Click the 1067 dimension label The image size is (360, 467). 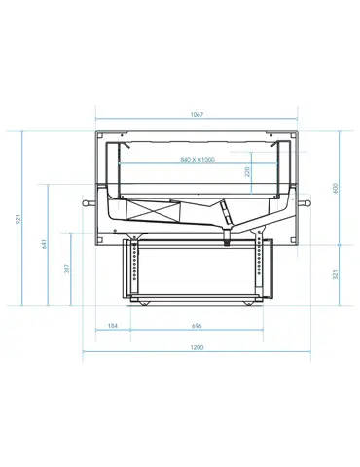[197, 114]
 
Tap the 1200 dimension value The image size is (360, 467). [197, 347]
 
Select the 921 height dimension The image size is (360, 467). [18, 219]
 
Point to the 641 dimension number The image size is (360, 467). [44, 244]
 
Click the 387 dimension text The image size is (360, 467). [67, 269]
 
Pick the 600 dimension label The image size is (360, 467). [336, 188]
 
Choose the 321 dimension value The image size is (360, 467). [336, 274]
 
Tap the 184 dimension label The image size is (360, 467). [112, 326]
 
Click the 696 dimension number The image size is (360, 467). [197, 326]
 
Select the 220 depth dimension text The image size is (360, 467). [247, 171]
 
